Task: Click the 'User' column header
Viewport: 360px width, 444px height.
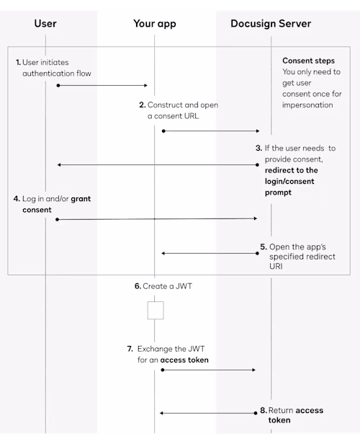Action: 45,24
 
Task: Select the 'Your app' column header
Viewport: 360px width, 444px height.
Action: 155,24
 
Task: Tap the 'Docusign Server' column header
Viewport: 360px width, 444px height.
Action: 271,24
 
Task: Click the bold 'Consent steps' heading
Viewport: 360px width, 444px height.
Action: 309,61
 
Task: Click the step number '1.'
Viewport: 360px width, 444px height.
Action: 19,62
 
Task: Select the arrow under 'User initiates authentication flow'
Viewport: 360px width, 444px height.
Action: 102,85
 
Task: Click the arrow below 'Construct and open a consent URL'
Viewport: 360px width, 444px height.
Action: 211,131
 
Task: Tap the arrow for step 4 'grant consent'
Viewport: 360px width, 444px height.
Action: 156,219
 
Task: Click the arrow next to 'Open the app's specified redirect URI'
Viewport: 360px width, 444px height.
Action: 210,253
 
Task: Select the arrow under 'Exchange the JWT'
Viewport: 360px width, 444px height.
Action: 208,370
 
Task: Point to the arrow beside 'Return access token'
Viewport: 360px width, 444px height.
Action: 208,413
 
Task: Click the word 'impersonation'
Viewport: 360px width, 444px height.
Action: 307,105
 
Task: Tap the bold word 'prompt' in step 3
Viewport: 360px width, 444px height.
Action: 278,193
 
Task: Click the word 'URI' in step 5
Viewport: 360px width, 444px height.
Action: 276,266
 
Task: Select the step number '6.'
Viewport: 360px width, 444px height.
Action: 138,286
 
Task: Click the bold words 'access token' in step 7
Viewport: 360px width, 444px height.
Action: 184,360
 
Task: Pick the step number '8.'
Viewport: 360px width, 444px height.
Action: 264,410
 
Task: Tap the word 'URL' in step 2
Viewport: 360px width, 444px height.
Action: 192,116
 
